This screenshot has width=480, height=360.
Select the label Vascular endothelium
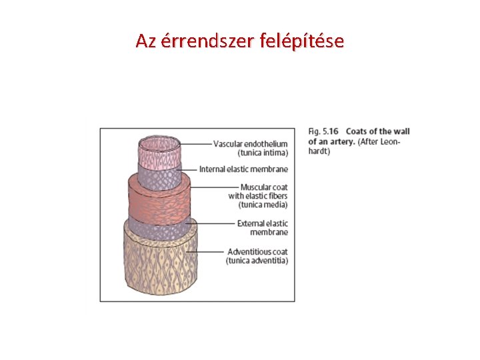251,143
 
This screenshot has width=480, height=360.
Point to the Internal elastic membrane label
243,169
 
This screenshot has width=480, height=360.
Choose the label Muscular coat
264,187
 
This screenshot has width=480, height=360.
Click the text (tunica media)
263,205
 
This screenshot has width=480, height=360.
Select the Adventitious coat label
257,252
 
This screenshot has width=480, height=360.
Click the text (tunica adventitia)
257,261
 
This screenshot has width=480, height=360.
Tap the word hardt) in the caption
319,151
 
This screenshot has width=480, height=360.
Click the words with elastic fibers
258,196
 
